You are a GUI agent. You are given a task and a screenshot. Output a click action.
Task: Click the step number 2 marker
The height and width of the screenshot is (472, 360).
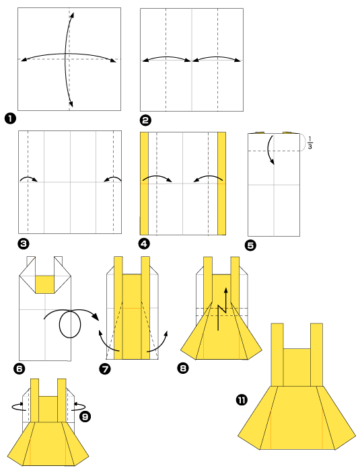click(x=145, y=120)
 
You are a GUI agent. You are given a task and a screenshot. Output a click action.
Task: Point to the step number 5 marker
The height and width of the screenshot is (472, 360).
click(x=251, y=245)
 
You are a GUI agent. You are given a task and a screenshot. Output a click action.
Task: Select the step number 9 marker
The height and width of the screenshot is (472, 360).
click(x=85, y=417)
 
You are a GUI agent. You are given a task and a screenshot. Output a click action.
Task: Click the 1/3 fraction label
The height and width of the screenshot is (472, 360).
click(x=310, y=143)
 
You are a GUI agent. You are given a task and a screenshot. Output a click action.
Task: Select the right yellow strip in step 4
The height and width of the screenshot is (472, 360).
click(x=221, y=184)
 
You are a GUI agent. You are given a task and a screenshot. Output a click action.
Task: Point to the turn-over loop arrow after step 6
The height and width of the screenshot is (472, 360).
click(x=68, y=325)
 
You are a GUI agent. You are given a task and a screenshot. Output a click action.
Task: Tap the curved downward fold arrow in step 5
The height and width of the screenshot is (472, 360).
click(x=271, y=149)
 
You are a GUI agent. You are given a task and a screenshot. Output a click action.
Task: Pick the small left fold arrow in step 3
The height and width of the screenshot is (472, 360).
click(x=28, y=179)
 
